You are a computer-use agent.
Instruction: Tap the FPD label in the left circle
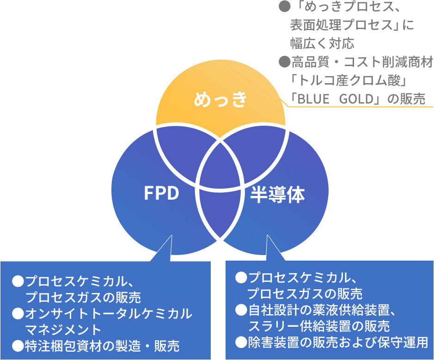click(x=161, y=194)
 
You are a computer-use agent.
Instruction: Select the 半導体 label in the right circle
click(x=277, y=195)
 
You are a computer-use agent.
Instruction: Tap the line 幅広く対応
click(x=322, y=43)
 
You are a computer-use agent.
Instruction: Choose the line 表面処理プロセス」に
click(x=352, y=25)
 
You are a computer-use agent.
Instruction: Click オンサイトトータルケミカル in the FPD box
click(x=109, y=314)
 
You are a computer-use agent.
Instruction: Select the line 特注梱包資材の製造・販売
click(x=102, y=345)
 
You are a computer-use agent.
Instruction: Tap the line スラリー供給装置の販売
click(x=319, y=326)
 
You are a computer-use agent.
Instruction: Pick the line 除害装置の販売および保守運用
click(x=338, y=342)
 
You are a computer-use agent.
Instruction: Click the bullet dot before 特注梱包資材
click(x=18, y=345)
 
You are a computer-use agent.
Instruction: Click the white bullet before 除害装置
click(x=241, y=342)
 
